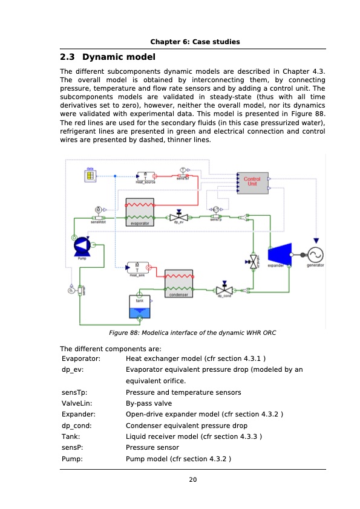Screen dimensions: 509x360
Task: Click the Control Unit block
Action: (x=252, y=182)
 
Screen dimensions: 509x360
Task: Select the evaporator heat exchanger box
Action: (x=139, y=211)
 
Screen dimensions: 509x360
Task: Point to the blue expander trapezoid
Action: (x=279, y=254)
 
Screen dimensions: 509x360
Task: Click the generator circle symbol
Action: (x=315, y=255)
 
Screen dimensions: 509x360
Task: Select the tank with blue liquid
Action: (x=139, y=306)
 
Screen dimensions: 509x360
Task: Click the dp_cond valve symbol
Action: (x=224, y=290)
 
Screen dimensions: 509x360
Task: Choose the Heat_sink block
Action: (x=138, y=268)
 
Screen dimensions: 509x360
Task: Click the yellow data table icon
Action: (x=90, y=176)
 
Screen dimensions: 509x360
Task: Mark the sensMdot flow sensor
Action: (x=97, y=216)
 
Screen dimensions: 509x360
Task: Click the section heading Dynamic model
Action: (x=108, y=58)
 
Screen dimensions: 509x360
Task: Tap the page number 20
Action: (x=192, y=480)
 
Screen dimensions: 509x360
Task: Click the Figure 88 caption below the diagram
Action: (x=192, y=333)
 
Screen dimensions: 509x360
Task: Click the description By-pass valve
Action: (x=148, y=403)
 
